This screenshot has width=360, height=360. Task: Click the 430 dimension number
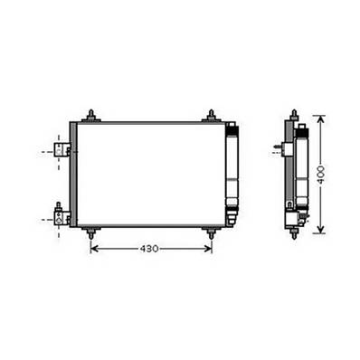[151, 248]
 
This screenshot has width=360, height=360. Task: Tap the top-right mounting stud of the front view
[210, 115]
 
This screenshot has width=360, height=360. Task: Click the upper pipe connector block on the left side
[61, 150]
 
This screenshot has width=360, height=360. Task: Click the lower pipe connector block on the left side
[61, 215]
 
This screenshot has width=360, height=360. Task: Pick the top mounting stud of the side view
[294, 116]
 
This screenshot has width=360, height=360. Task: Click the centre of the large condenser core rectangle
[150, 174]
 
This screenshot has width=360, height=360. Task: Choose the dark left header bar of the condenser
[72, 174]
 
